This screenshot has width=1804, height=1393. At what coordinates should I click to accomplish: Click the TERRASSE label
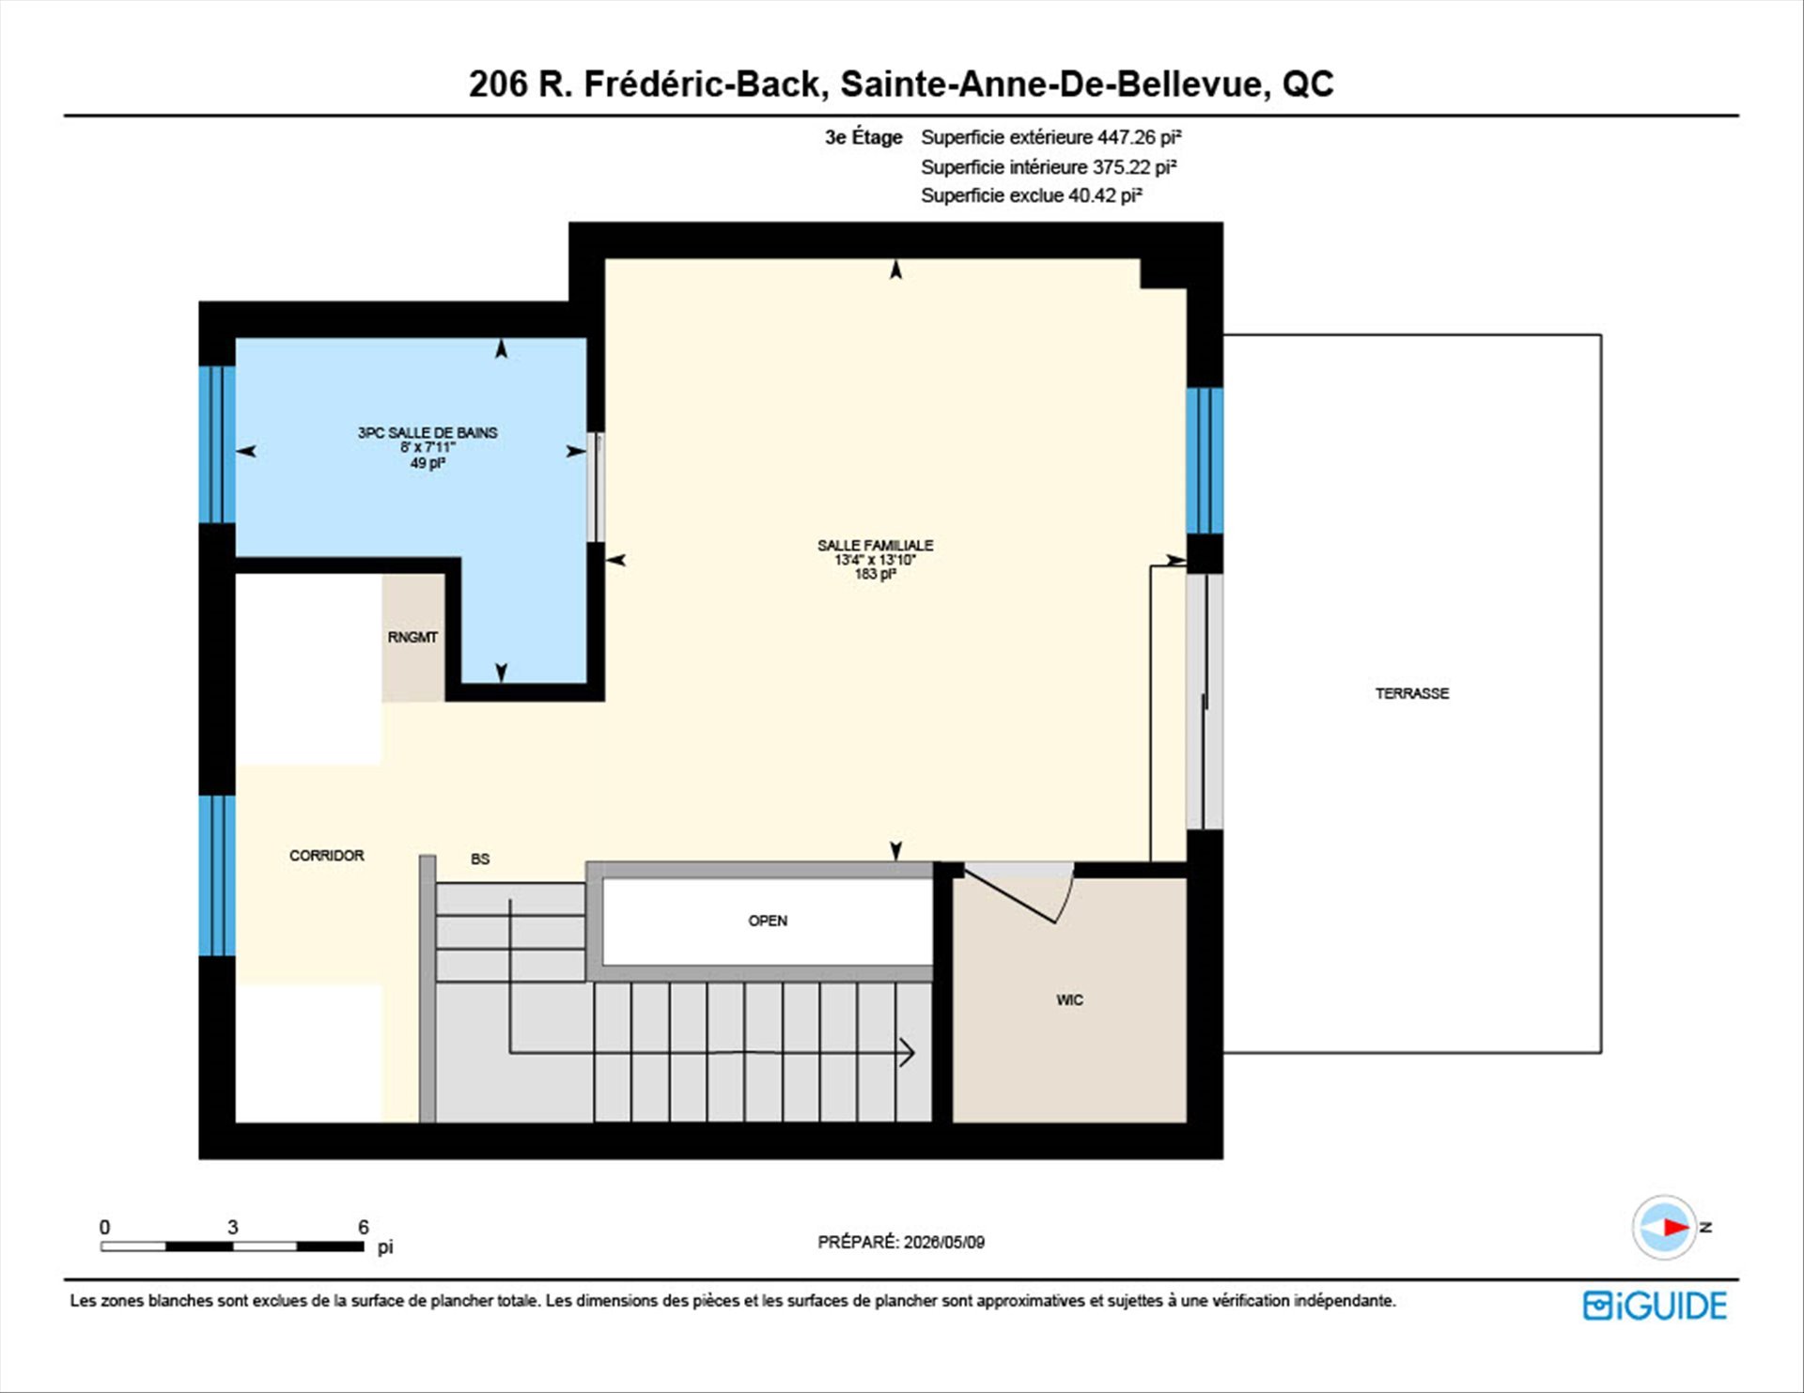(x=1412, y=693)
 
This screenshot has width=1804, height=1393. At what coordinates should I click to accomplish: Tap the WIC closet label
(x=1069, y=1000)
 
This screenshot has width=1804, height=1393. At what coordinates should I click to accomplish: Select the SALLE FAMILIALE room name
(x=875, y=545)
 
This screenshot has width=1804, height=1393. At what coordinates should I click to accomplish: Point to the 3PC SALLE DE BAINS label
(x=428, y=432)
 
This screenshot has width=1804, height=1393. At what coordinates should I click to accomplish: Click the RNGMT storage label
(x=412, y=637)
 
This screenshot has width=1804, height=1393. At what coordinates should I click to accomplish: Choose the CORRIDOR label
(x=326, y=856)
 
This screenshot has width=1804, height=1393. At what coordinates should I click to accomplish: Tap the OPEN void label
(x=768, y=921)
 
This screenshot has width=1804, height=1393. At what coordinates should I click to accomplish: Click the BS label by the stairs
(x=480, y=859)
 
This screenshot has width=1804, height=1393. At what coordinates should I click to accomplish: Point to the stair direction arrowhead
(x=909, y=1053)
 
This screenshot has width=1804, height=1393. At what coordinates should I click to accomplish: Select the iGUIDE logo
(x=1655, y=1306)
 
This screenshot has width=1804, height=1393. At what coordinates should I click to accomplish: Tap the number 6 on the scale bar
(x=364, y=1227)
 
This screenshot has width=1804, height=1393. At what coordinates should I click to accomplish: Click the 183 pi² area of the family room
(x=875, y=574)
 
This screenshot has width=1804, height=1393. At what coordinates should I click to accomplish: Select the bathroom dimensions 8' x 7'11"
(x=428, y=447)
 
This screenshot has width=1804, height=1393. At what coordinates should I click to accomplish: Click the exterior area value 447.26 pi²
(x=1140, y=137)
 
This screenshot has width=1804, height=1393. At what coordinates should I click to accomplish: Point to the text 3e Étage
(x=863, y=137)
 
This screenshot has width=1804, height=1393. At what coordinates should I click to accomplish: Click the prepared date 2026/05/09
(x=944, y=1242)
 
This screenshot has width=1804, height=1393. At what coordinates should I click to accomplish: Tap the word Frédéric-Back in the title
(x=702, y=84)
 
